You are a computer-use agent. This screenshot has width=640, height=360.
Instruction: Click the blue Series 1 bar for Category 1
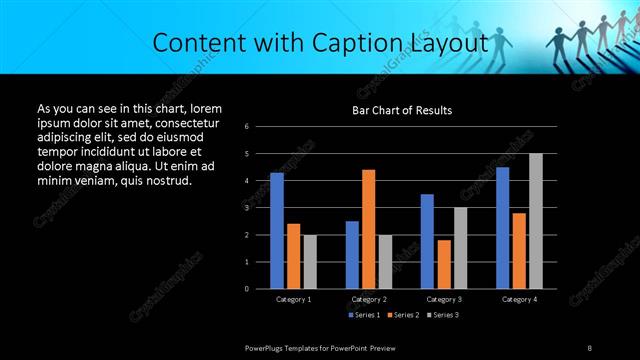[277, 230]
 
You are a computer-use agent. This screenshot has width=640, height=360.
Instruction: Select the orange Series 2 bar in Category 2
[368, 228]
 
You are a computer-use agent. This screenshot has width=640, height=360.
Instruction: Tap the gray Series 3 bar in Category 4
[535, 220]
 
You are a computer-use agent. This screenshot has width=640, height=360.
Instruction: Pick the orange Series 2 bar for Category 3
[444, 264]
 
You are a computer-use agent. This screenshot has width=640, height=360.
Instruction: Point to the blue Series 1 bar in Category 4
[502, 227]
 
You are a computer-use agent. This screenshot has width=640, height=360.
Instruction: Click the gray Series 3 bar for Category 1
[310, 261]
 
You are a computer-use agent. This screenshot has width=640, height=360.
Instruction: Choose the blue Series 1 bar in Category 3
[427, 241]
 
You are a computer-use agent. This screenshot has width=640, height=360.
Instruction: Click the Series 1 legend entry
[362, 316]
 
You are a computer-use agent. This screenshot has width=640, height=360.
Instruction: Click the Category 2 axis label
[369, 299]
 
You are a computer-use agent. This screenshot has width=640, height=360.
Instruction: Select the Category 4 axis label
[518, 299]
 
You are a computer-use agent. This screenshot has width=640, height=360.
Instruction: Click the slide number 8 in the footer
[590, 347]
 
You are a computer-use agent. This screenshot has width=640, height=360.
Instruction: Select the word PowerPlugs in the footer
[268, 347]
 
